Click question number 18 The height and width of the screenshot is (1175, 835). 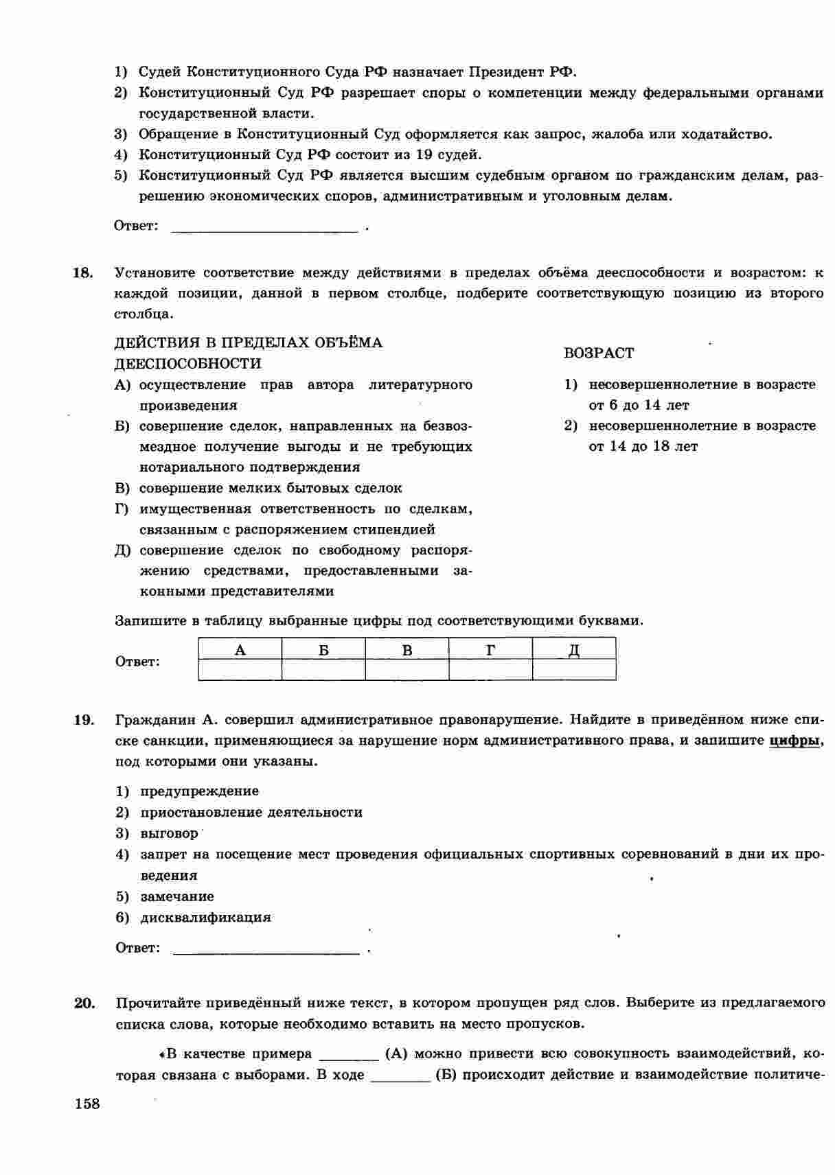click(82, 273)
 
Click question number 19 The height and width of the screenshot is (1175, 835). click(83, 720)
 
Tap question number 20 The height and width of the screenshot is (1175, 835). click(84, 1003)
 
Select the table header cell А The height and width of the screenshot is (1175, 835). click(240, 649)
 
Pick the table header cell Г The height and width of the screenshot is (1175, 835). click(490, 649)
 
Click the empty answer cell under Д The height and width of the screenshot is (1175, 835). click(574, 670)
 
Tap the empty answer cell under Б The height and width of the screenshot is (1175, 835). click(323, 670)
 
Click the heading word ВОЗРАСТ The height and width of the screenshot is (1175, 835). click(599, 353)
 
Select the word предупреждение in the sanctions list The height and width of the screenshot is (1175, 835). click(199, 791)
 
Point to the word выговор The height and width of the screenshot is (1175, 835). click(169, 834)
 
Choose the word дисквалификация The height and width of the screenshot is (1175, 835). click(205, 918)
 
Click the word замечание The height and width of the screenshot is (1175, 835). click(177, 897)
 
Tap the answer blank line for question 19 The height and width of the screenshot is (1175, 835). click(266, 951)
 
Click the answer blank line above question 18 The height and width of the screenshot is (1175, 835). click(264, 229)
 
